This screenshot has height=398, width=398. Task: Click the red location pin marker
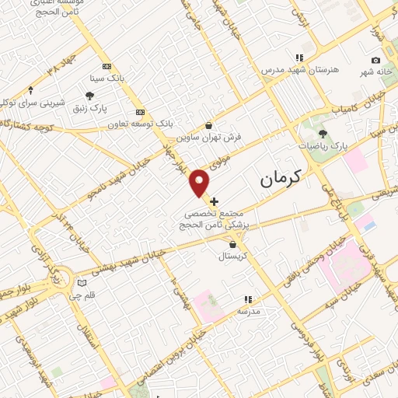pyautogui.click(x=201, y=183)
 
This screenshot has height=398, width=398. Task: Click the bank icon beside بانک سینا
pyautogui.click(x=106, y=66)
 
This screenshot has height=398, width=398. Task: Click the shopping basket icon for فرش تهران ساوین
pyautogui.click(x=208, y=125)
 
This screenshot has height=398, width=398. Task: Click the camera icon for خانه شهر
pyautogui.click(x=376, y=61)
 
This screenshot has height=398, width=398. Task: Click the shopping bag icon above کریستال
pyautogui.click(x=233, y=244)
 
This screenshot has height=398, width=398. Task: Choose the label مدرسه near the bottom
pyautogui.click(x=248, y=310)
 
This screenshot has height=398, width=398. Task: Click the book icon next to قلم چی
pyautogui.click(x=82, y=283)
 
